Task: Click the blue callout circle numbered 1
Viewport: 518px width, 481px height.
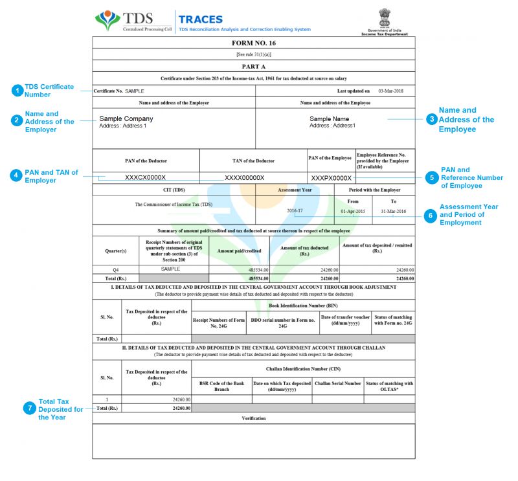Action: tap(17, 91)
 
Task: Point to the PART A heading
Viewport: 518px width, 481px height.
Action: tap(254, 66)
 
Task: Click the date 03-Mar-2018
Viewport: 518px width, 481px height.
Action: tap(390, 91)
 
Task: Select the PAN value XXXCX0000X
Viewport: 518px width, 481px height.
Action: tap(145, 177)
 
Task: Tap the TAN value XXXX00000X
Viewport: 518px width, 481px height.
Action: tap(244, 177)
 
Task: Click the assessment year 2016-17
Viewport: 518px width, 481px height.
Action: tap(295, 211)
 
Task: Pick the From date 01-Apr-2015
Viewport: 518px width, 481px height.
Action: tap(353, 211)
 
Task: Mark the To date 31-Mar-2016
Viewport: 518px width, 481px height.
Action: tap(394, 211)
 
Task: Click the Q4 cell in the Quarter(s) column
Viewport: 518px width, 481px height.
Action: tap(116, 269)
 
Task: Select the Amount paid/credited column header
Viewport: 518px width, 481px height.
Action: tap(239, 251)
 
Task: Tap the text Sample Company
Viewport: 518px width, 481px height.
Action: tap(126, 119)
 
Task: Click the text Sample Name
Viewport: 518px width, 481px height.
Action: tap(329, 119)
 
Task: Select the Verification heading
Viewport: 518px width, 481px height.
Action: tap(254, 418)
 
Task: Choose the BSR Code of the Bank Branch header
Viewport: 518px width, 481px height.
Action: tap(222, 386)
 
